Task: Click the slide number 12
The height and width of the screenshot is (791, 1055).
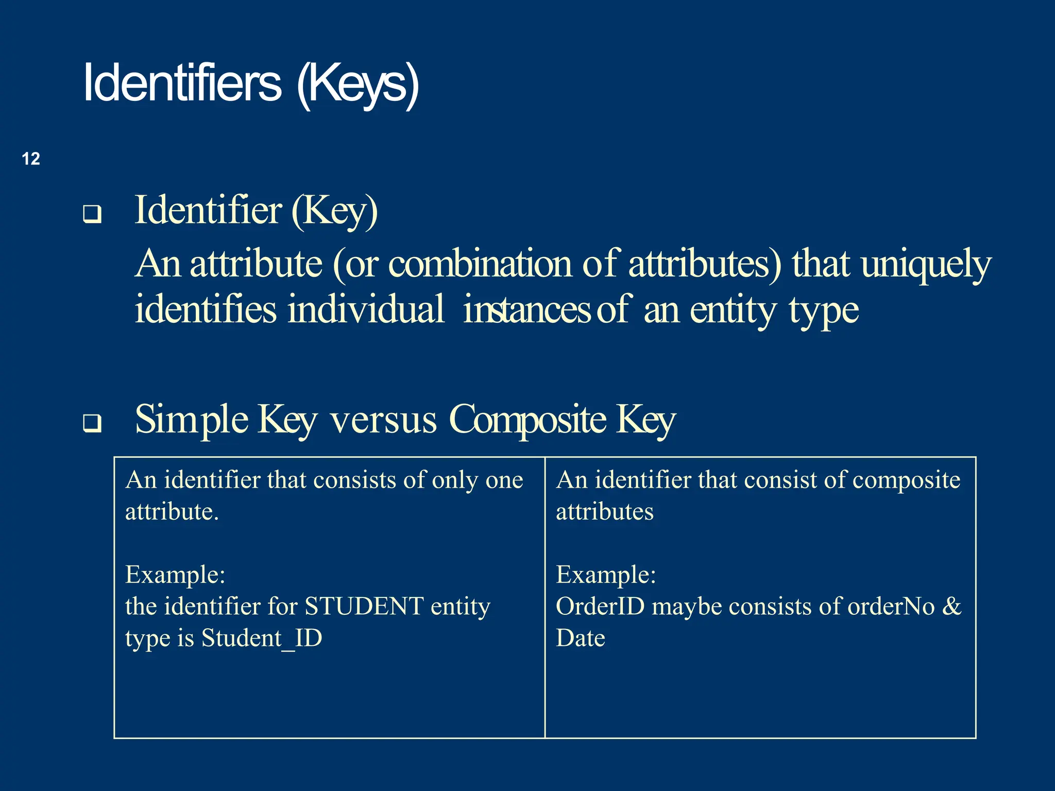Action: (x=31, y=159)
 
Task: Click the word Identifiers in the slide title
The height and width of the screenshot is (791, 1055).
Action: (x=182, y=83)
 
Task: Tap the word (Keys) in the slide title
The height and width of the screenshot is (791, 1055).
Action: (x=358, y=84)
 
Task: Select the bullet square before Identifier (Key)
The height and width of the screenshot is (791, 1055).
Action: (x=92, y=214)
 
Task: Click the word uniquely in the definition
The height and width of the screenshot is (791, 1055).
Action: (x=926, y=264)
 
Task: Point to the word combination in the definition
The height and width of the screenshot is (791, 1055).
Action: (x=480, y=264)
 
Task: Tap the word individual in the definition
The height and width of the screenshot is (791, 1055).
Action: (x=366, y=309)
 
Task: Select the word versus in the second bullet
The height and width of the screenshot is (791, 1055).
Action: (x=384, y=419)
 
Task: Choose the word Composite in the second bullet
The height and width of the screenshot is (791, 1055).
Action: (x=527, y=420)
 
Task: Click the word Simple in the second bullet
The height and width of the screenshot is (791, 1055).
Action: (x=191, y=420)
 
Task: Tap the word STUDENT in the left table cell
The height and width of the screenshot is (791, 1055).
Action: (x=364, y=606)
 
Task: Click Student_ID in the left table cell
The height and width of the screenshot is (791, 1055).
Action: (x=262, y=638)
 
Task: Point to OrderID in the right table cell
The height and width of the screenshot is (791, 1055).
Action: (x=600, y=606)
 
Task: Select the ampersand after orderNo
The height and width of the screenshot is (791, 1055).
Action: (x=951, y=606)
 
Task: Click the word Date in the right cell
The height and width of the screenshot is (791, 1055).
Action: (x=581, y=638)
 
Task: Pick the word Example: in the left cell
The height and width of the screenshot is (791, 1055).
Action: (x=175, y=575)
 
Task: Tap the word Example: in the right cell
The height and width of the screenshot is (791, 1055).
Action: (x=606, y=575)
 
